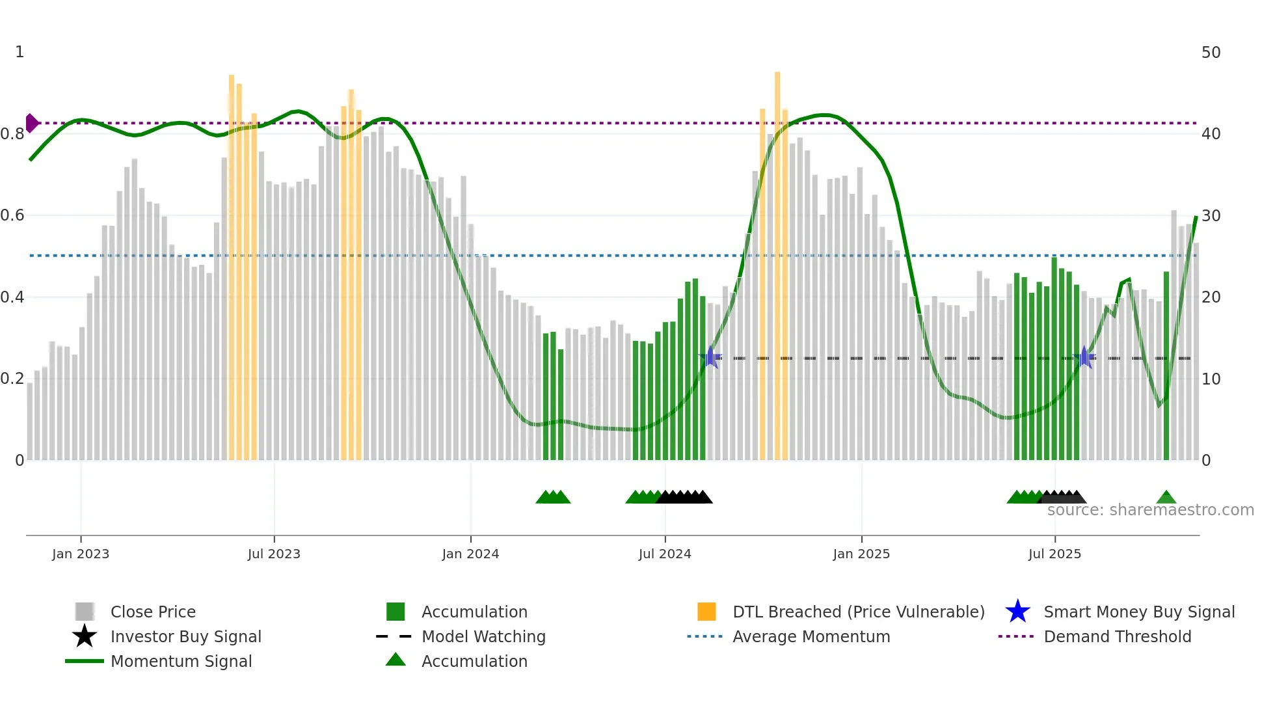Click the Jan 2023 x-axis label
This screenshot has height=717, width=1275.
pos(81,554)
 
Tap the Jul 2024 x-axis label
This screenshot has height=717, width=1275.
pos(665,554)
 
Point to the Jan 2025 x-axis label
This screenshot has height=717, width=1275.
pos(861,554)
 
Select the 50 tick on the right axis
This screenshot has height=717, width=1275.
pos(1211,52)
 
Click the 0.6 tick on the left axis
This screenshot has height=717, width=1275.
pos(13,215)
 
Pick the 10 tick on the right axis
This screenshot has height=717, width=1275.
pos(1211,379)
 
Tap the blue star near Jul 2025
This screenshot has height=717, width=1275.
pos(1084,357)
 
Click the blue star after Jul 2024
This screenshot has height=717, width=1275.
pos(710,357)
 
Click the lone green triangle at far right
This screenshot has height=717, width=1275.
pos(1166,498)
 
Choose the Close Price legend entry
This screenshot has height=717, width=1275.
pos(153,612)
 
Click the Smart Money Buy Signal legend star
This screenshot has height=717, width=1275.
pos(1017,612)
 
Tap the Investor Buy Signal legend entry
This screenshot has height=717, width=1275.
pos(185,636)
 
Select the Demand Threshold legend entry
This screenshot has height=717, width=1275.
pos(1117,636)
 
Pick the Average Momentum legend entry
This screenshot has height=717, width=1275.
pos(811,636)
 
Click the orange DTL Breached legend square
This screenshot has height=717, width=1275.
pos(706,612)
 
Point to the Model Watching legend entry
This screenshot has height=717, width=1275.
pos(483,636)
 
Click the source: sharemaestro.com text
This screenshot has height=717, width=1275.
pos(1150,510)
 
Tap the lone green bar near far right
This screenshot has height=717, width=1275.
pos(1166,364)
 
